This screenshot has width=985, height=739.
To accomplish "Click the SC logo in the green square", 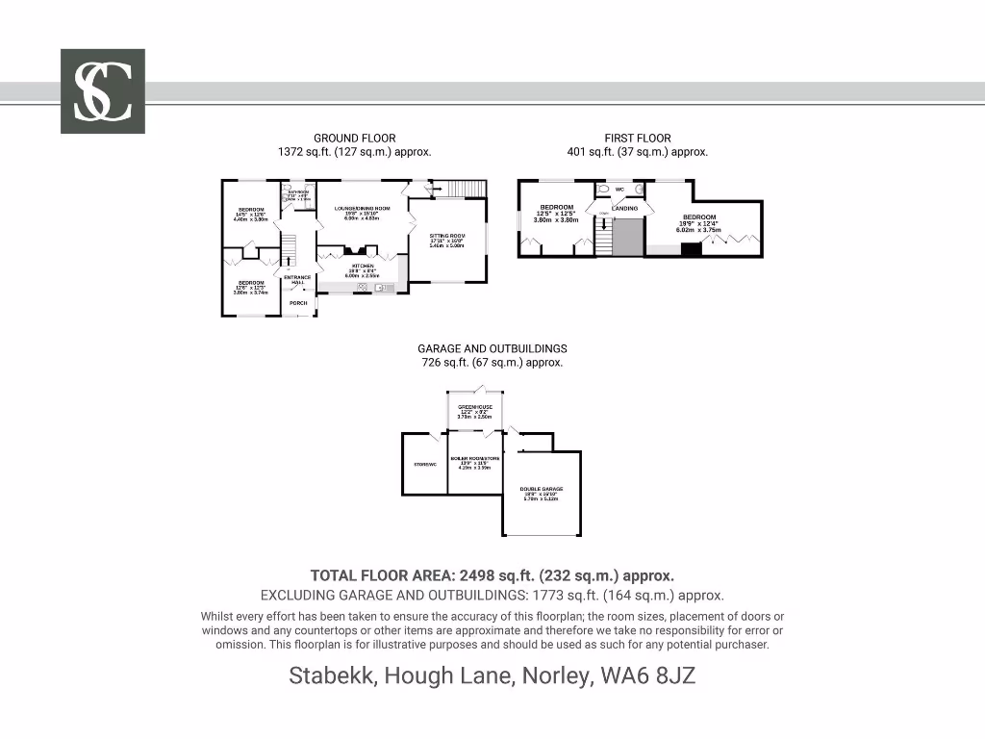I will [x=103, y=91].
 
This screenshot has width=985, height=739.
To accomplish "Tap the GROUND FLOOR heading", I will [x=354, y=139].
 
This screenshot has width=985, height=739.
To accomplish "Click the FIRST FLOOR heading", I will [x=637, y=139].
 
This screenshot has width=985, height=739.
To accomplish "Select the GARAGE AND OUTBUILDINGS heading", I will [x=492, y=348].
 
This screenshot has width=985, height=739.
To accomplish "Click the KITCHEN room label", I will [x=363, y=266].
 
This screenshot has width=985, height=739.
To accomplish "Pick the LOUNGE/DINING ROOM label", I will [x=363, y=209].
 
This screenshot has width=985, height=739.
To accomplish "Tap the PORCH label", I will [x=298, y=303].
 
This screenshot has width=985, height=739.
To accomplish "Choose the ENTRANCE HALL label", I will [x=297, y=280].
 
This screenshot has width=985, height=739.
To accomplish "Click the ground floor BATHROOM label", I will [x=299, y=192].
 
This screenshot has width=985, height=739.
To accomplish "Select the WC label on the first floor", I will [x=620, y=190].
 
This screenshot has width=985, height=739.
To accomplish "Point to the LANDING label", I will [x=625, y=208].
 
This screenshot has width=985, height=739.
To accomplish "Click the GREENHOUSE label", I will [x=475, y=407].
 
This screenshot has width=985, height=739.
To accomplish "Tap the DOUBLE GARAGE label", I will [x=543, y=489].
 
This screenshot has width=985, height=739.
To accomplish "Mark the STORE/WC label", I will [x=424, y=465].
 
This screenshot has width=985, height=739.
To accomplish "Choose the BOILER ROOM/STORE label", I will [x=475, y=458].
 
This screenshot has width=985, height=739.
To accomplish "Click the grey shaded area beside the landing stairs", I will [x=628, y=237].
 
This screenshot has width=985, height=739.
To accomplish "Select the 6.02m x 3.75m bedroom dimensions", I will [x=699, y=230].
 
